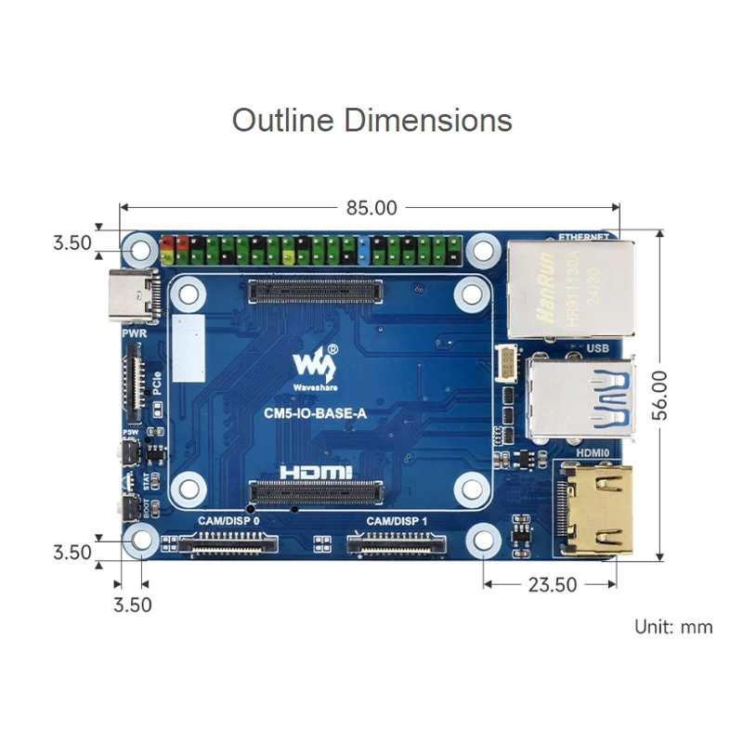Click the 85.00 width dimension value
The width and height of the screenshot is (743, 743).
pyautogui.click(x=371, y=208)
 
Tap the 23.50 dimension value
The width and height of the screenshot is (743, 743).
pyautogui.click(x=552, y=585)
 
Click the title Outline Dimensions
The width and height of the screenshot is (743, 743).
pyautogui.click(x=371, y=121)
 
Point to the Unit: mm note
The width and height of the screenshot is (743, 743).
pyautogui.click(x=673, y=627)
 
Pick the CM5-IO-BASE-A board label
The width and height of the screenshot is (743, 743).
pyautogui.click(x=315, y=415)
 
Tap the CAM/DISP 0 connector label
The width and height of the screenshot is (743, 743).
pyautogui.click(x=228, y=523)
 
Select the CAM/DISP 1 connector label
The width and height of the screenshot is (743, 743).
pyautogui.click(x=397, y=523)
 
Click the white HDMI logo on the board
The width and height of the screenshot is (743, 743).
pyautogui.click(x=315, y=473)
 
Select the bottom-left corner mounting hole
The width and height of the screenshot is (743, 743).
pyautogui.click(x=141, y=539)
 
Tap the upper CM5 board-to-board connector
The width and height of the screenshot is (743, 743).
pyautogui.click(x=315, y=293)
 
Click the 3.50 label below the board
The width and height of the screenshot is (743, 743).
pyautogui.click(x=131, y=606)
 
